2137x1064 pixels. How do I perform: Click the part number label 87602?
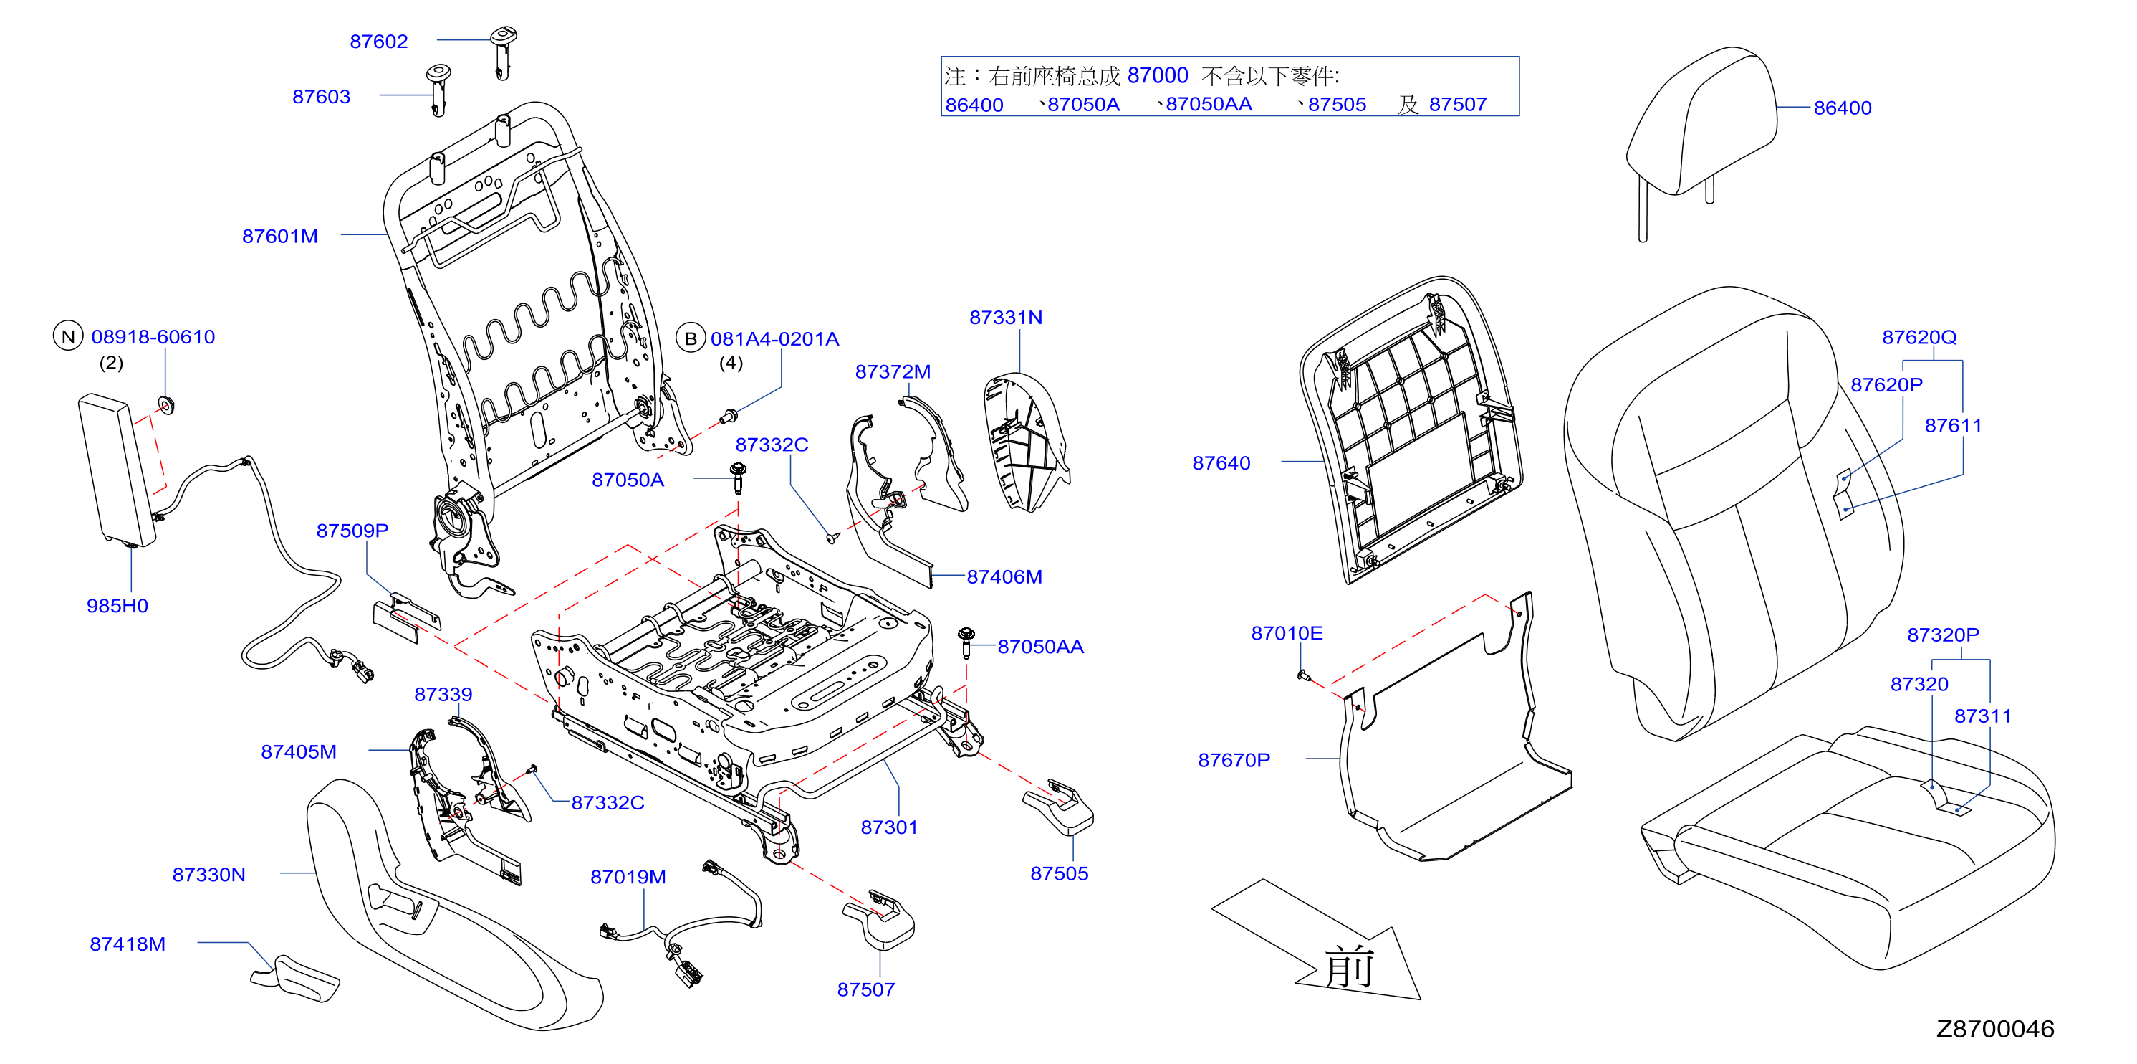tap(378, 42)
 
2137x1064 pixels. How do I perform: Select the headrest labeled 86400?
tap(1701, 133)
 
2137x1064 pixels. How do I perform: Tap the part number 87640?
tap(1221, 463)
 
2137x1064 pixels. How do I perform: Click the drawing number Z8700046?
tap(1995, 1029)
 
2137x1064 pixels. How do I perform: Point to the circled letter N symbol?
tap(68, 336)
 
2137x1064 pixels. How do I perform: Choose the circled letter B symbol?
tap(690, 338)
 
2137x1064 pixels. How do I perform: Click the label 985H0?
tap(117, 606)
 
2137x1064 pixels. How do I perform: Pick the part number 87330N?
tap(209, 875)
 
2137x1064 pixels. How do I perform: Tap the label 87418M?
tap(128, 944)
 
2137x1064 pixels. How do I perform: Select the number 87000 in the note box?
tap(1158, 75)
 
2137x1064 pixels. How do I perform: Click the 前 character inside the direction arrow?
tap(1350, 968)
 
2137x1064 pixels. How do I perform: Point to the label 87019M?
tap(628, 878)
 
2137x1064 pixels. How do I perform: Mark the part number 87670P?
tap(1234, 760)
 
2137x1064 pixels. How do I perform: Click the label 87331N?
tap(1005, 318)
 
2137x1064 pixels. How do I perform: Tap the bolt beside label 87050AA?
tap(966, 642)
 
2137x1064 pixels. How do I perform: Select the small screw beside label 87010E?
tap(1302, 675)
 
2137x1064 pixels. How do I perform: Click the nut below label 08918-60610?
tap(167, 405)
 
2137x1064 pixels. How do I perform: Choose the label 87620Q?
tap(1919, 338)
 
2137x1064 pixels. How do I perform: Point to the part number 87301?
tap(889, 827)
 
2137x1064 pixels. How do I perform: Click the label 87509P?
tap(352, 531)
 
